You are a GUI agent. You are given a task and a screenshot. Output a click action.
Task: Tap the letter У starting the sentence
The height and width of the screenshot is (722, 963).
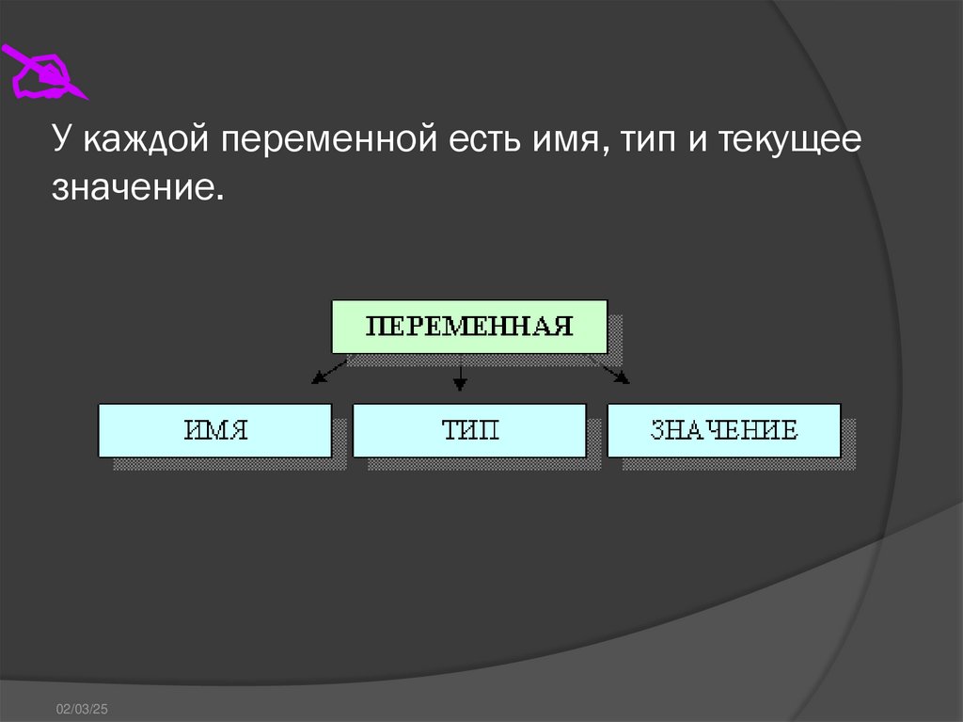(61, 141)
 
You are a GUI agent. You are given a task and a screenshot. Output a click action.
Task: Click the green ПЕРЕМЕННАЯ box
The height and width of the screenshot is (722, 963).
(469, 327)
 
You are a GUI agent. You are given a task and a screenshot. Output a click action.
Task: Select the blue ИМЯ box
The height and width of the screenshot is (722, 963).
(214, 430)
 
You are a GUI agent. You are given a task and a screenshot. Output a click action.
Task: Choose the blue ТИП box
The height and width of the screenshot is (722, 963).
(469, 430)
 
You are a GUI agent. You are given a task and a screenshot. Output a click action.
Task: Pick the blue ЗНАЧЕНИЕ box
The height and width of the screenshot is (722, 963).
(724, 430)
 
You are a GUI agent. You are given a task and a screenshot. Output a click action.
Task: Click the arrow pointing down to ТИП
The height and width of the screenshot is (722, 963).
(459, 377)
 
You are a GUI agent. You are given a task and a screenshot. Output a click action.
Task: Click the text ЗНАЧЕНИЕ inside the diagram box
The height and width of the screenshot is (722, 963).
(724, 431)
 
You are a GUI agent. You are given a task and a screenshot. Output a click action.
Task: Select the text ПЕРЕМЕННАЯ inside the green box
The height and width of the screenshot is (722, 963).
(469, 327)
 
